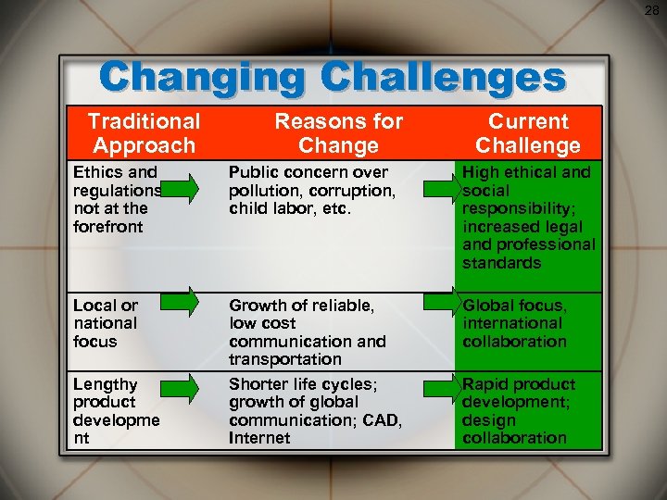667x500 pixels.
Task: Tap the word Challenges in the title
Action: pos(452,78)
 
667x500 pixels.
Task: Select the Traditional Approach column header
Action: pos(144,132)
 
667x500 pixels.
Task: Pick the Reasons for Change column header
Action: pos(338,132)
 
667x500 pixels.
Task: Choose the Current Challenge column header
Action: pos(528,132)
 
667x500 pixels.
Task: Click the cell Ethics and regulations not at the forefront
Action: pos(116,198)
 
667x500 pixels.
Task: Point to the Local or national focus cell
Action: pos(106,323)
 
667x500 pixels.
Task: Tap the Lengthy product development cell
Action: pos(116,410)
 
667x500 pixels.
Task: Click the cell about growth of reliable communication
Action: pos(308,331)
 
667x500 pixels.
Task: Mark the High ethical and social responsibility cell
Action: pos(529,217)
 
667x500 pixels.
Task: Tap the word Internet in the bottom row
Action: pos(259,438)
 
